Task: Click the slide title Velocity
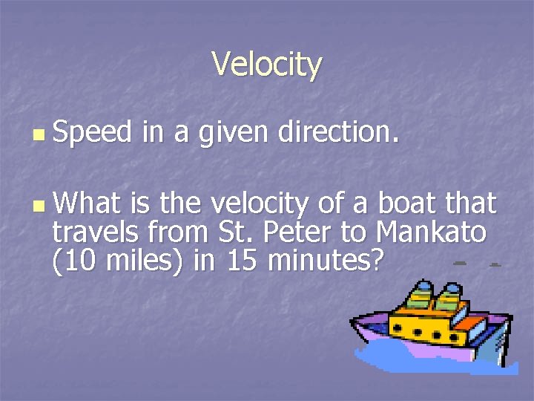267,65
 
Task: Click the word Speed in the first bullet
91,133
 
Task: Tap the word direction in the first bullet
337,133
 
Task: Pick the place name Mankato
431,232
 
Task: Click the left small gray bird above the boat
460,264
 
